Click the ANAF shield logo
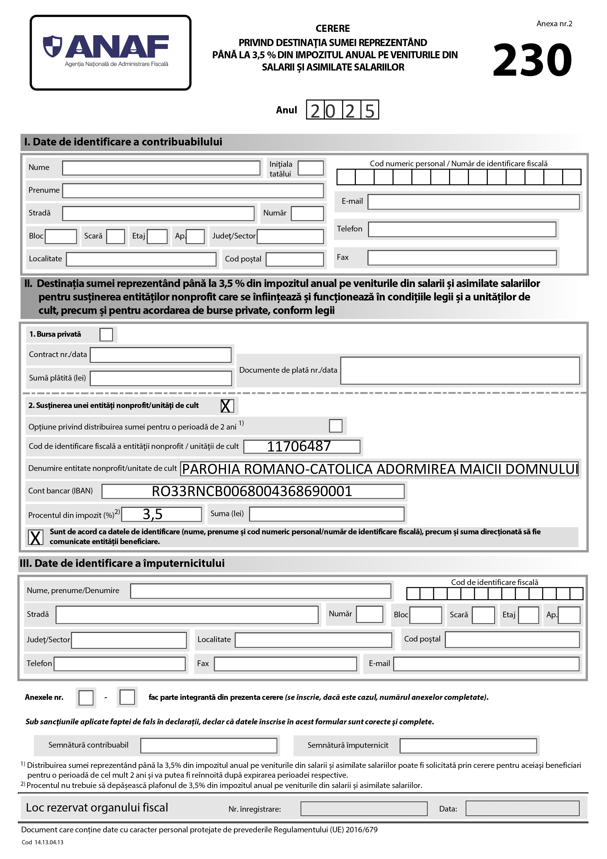pyautogui.click(x=52, y=47)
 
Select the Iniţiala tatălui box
pyautogui.click(x=310, y=168)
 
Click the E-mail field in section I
pyautogui.click(x=473, y=202)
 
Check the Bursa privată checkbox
pyautogui.click(x=106, y=334)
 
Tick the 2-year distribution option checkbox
pyautogui.click(x=336, y=426)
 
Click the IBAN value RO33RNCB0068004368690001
pyautogui.click(x=253, y=491)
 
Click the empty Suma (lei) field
pyautogui.click(x=327, y=514)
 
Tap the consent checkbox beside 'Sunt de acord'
pyautogui.click(x=35, y=537)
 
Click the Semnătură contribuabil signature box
pyautogui.click(x=209, y=745)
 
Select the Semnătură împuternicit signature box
pyautogui.click(x=468, y=745)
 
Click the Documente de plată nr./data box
pyautogui.click(x=460, y=370)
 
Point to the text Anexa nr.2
pyautogui.click(x=554, y=24)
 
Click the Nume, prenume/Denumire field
pyautogui.click(x=260, y=591)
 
